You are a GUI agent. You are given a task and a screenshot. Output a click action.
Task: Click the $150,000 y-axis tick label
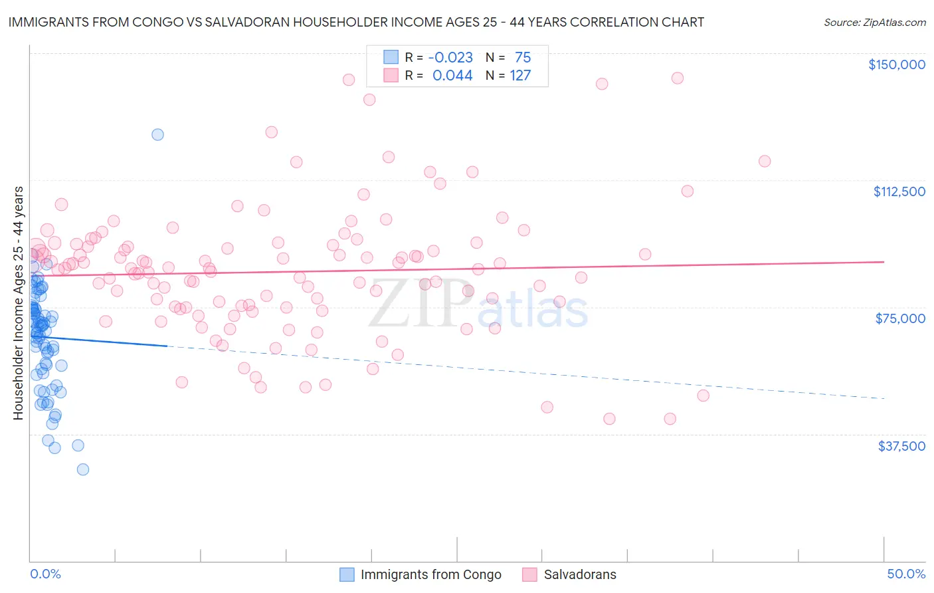point(896,64)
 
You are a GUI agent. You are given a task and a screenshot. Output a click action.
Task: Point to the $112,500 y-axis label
point(899,191)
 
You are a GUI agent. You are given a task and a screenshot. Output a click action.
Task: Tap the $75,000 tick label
point(899,318)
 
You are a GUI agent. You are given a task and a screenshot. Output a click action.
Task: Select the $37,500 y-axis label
point(901,446)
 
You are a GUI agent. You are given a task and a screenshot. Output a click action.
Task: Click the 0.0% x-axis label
point(45,574)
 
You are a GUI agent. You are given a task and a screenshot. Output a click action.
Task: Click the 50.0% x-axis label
point(905,574)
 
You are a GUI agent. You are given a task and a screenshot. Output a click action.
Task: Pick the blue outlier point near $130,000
point(157,134)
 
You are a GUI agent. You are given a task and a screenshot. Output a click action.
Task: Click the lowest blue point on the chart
point(83,469)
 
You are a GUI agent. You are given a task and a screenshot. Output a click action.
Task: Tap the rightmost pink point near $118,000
point(765,162)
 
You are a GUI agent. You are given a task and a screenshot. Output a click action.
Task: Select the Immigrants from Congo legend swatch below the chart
point(347,574)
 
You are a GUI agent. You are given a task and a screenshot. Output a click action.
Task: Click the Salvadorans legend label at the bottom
point(579,574)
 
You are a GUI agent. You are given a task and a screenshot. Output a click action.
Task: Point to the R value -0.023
point(450,57)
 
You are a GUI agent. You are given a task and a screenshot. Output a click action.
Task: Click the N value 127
point(520,76)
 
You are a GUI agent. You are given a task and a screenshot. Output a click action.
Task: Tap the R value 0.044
point(452,76)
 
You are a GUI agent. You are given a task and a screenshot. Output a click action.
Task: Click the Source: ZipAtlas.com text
point(874,23)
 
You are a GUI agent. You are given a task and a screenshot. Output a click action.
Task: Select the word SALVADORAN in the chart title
point(258,22)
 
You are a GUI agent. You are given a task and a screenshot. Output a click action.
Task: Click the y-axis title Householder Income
point(18,302)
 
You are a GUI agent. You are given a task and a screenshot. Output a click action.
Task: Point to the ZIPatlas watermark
point(478,306)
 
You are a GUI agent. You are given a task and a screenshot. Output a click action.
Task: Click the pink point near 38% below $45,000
point(670,419)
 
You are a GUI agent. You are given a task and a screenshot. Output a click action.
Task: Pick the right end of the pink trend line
point(884,262)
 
